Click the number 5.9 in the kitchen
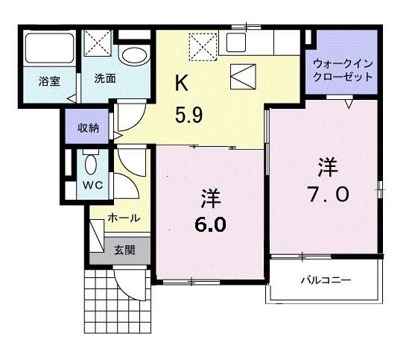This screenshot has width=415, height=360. pyautogui.click(x=190, y=116)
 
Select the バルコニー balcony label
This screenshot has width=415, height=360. pyautogui.click(x=326, y=281)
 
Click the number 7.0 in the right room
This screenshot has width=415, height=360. pyautogui.click(x=326, y=193)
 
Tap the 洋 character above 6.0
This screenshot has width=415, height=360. pyautogui.click(x=211, y=198)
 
